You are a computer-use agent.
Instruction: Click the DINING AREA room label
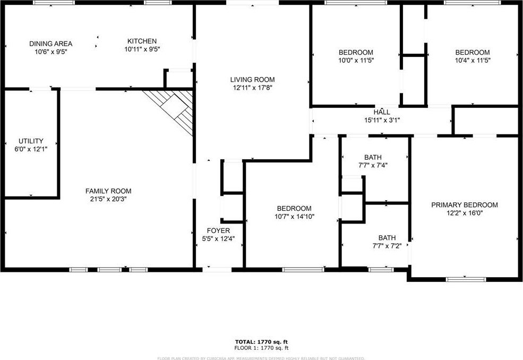(x=50, y=44)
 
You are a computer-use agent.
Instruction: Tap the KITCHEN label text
(x=142, y=41)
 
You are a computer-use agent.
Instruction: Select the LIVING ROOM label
(x=253, y=80)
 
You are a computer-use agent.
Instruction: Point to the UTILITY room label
(x=31, y=141)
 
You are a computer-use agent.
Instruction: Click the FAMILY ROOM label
(x=108, y=191)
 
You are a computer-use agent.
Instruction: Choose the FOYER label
(x=218, y=230)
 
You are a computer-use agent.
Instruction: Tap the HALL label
(x=382, y=112)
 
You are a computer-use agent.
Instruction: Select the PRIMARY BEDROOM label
(x=465, y=205)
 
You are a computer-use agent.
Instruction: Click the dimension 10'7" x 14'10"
(x=295, y=217)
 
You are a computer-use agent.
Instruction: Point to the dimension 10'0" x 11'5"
(x=356, y=61)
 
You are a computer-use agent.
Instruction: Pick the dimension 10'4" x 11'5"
(x=473, y=61)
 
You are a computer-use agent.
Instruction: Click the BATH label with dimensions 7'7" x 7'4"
(x=373, y=157)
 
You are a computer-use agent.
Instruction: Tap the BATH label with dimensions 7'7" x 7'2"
(x=387, y=238)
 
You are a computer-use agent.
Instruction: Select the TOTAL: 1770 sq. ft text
(x=261, y=341)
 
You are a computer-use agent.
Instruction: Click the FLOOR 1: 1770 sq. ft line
(x=261, y=348)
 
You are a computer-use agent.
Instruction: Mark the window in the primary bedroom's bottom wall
(x=466, y=279)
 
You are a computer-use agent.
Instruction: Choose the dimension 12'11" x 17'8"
(x=253, y=88)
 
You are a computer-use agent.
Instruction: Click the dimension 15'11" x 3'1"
(x=382, y=120)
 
